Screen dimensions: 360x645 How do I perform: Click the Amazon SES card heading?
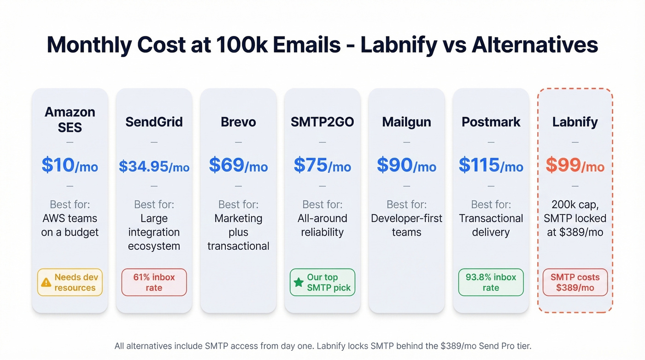pos(70,119)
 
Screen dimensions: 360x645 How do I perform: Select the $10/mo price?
pos(70,165)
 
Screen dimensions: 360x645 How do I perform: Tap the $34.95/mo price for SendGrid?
pos(154,166)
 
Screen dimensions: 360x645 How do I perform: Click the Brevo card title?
pos(238,122)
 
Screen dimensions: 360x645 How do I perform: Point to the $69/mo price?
pos(238,165)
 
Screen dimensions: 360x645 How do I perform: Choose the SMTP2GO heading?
pos(322,122)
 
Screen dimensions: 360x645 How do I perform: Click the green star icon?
pos(299,283)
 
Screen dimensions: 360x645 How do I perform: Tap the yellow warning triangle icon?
pos(46,283)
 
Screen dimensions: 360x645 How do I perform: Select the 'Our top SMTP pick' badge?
pos(322,283)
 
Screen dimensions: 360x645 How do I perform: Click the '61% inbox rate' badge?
pos(154,283)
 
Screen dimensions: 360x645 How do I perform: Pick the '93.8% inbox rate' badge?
pos(491,283)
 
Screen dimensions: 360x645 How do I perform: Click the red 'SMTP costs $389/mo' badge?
pos(575,283)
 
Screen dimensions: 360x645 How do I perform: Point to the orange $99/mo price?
pos(575,165)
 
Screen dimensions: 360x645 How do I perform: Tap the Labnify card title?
pos(575,122)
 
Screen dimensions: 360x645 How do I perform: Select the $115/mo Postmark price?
pos(491,165)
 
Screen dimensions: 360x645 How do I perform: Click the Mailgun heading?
pos(406,122)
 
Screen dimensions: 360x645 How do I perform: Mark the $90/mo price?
pos(406,165)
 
